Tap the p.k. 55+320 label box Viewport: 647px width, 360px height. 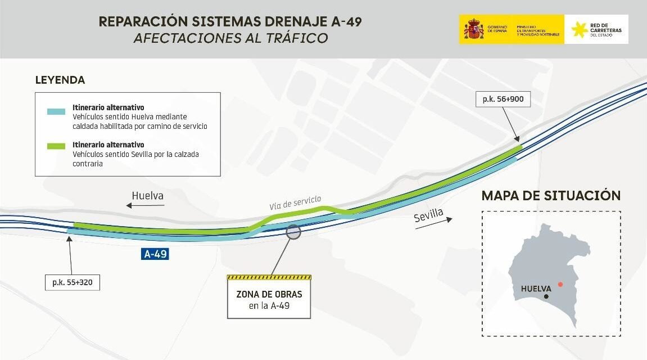click(x=72, y=282)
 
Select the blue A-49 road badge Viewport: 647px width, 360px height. click(x=155, y=254)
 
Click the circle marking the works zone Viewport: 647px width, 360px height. click(x=293, y=231)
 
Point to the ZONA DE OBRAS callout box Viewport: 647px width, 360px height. click(x=269, y=299)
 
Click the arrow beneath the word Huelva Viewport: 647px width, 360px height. click(x=145, y=206)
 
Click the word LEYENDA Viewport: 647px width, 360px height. click(x=60, y=80)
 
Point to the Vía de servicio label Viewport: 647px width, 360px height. click(x=295, y=202)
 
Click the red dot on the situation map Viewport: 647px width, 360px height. click(x=559, y=284)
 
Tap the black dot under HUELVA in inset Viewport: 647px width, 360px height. click(x=545, y=296)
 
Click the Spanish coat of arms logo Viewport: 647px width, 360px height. click(x=474, y=30)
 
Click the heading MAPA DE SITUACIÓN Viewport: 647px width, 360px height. click(x=551, y=196)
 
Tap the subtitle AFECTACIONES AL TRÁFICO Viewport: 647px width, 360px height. click(x=230, y=38)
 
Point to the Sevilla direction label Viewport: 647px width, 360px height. click(x=428, y=215)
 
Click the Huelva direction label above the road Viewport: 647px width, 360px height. click(x=148, y=196)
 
